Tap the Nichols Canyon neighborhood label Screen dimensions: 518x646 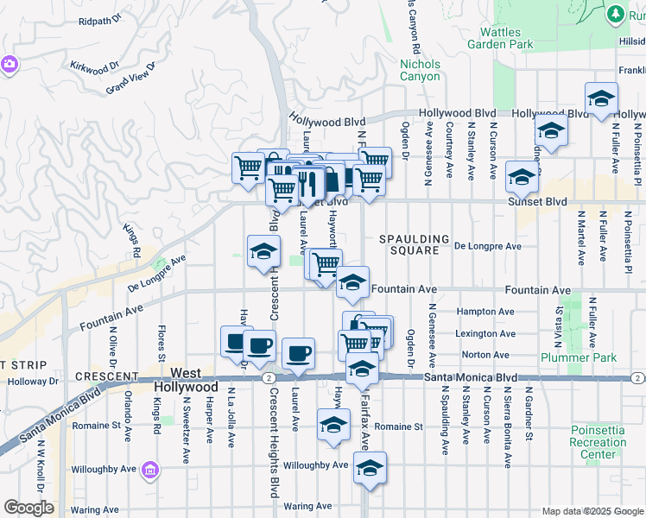click(421, 70)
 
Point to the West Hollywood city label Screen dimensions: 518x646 click(182, 381)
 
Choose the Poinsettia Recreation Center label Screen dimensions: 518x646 click(598, 442)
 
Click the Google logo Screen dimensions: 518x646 click(28, 508)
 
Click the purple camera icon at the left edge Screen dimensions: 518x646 click(9, 64)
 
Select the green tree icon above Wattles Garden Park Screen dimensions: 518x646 click(614, 14)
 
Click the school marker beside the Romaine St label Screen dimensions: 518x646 click(332, 425)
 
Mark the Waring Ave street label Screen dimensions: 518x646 click(308, 506)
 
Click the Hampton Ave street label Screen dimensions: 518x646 click(490, 312)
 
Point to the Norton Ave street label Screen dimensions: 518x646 click(486, 355)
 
